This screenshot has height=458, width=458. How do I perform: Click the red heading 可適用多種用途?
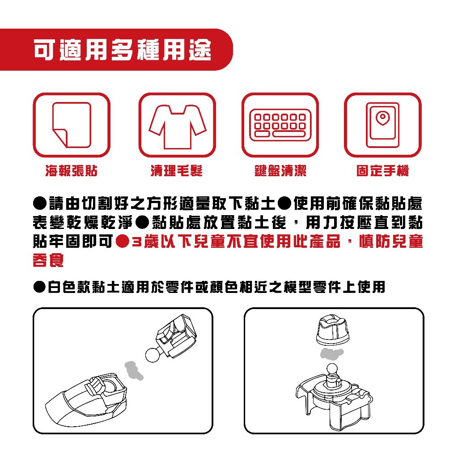[123, 50]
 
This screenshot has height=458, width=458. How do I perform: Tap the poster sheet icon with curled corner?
[72, 125]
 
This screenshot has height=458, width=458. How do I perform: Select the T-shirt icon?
[177, 127]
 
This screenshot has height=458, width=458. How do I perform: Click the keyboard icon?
[280, 125]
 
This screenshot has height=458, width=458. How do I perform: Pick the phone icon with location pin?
[383, 125]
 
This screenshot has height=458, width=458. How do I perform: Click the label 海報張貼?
[71, 170]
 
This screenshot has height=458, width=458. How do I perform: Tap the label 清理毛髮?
[176, 170]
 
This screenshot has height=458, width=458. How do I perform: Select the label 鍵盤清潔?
[280, 170]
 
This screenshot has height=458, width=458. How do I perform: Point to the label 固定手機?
[383, 170]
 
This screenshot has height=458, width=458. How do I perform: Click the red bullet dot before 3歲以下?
[123, 242]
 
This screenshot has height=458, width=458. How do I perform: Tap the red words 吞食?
[48, 260]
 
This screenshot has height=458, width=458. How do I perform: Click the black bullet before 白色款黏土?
[39, 287]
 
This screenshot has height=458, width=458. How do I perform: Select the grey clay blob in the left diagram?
[134, 370]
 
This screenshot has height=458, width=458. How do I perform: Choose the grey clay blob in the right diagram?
[332, 353]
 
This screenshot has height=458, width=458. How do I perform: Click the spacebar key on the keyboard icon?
[289, 134]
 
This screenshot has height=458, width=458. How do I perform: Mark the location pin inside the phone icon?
[382, 118]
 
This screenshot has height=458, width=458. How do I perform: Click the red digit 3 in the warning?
[136, 242]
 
